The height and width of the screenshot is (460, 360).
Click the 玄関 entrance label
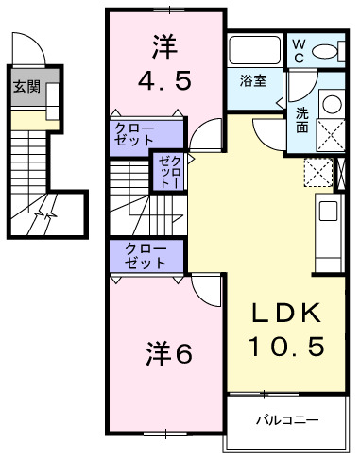point(26,88)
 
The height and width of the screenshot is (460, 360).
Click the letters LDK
point(286,315)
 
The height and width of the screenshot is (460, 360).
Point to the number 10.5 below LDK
point(286,347)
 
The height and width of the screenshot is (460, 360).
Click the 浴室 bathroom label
point(252,80)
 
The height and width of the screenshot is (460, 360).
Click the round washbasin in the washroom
point(330,104)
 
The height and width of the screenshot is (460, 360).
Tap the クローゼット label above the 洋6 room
point(145,255)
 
